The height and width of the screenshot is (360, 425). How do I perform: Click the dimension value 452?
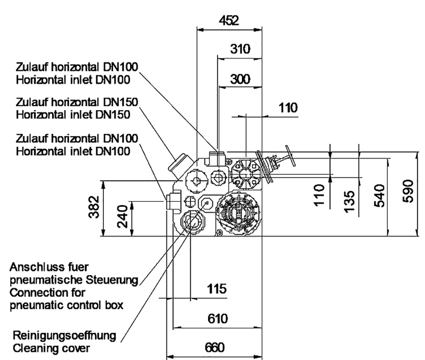click(x=229, y=21)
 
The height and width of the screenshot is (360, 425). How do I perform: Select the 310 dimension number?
click(x=240, y=49)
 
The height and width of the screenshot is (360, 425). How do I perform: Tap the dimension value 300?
click(x=240, y=79)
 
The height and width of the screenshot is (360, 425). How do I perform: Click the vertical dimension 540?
click(x=379, y=195)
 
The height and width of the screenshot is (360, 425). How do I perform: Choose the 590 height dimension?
click(x=408, y=191)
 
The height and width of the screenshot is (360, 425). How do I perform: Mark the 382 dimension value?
click(x=94, y=207)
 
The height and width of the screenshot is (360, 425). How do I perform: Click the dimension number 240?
click(x=123, y=216)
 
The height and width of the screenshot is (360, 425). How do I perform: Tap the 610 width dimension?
click(x=218, y=318)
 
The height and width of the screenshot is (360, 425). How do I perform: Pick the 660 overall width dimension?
click(x=215, y=348)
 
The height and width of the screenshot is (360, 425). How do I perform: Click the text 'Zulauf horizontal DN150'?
click(x=77, y=102)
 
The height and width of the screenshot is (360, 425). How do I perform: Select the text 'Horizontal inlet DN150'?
click(x=73, y=114)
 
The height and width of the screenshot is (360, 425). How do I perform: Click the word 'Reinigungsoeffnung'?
click(x=64, y=336)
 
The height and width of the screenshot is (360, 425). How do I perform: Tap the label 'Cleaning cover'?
click(x=51, y=348)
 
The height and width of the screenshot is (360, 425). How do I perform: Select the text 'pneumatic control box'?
click(x=67, y=305)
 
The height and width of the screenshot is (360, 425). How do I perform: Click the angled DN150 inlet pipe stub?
click(x=178, y=163)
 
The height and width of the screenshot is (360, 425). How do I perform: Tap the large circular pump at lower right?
click(x=238, y=212)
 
